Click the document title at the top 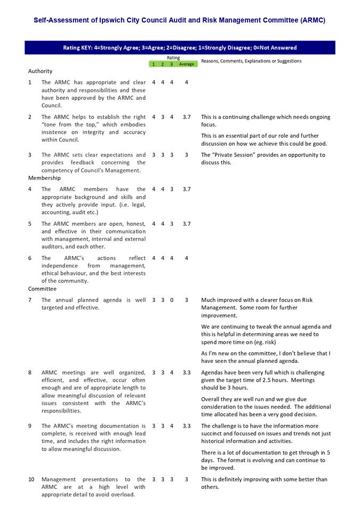coord(179,20)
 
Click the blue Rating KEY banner coord(179,47)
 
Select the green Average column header coord(187,65)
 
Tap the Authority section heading coord(41,71)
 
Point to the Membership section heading coord(44,178)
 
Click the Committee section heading coord(42,289)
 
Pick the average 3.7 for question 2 coord(187,117)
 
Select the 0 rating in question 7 coord(172,300)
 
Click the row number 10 coord(31,479)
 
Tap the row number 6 coord(30,258)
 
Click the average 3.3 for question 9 coord(187,426)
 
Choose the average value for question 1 coord(187,83)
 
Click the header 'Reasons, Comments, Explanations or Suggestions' coord(251,61)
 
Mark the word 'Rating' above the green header coord(173,58)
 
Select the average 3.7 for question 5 coord(187,224)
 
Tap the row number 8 coord(30,373)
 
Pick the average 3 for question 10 coord(187,479)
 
